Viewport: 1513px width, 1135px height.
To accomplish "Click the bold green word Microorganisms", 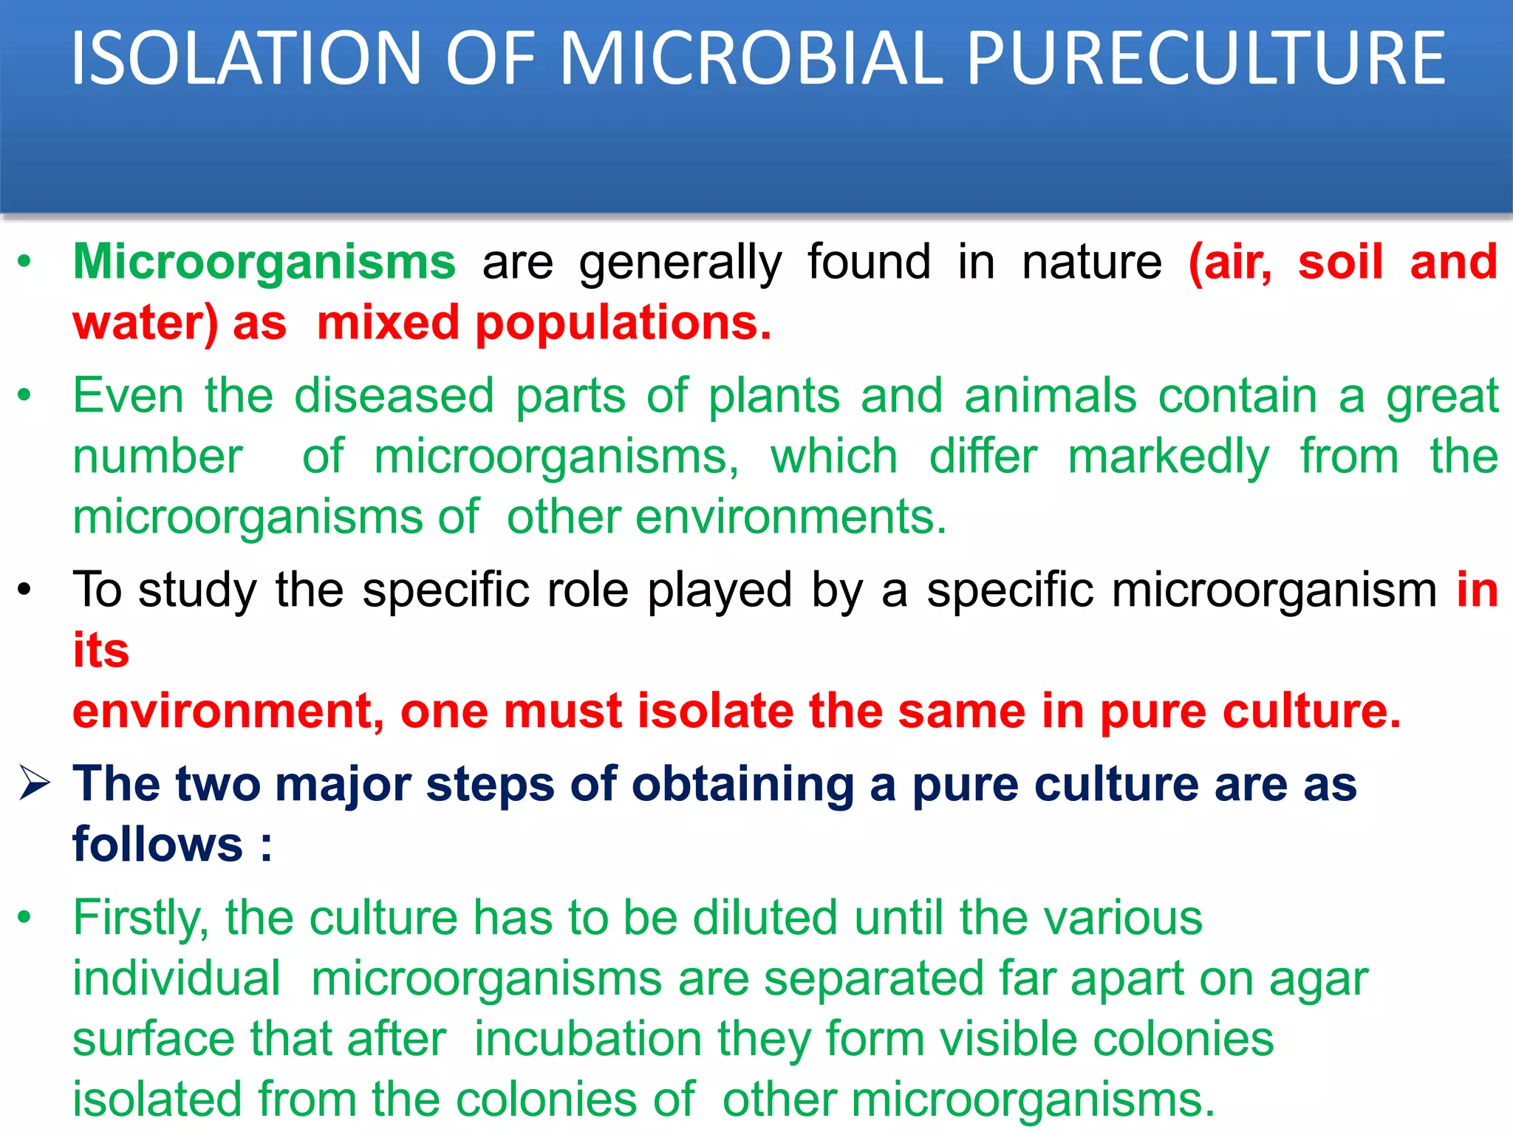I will (x=264, y=262).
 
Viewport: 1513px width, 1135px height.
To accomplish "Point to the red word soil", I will (x=1340, y=262).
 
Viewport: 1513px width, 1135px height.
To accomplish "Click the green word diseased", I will (x=394, y=396).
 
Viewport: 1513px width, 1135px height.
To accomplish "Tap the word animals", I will (x=1050, y=396).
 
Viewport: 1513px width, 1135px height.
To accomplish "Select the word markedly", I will (x=1169, y=457).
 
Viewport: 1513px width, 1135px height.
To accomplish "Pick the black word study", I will (x=197, y=591).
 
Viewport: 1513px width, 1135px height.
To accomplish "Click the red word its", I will (x=101, y=651).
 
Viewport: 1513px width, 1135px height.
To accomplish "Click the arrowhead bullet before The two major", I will (x=35, y=784).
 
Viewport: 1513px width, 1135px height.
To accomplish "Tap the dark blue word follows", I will (x=157, y=845).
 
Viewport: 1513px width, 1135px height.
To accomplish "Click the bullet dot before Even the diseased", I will (x=25, y=395).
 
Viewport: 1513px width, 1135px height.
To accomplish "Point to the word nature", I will (x=1091, y=262).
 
